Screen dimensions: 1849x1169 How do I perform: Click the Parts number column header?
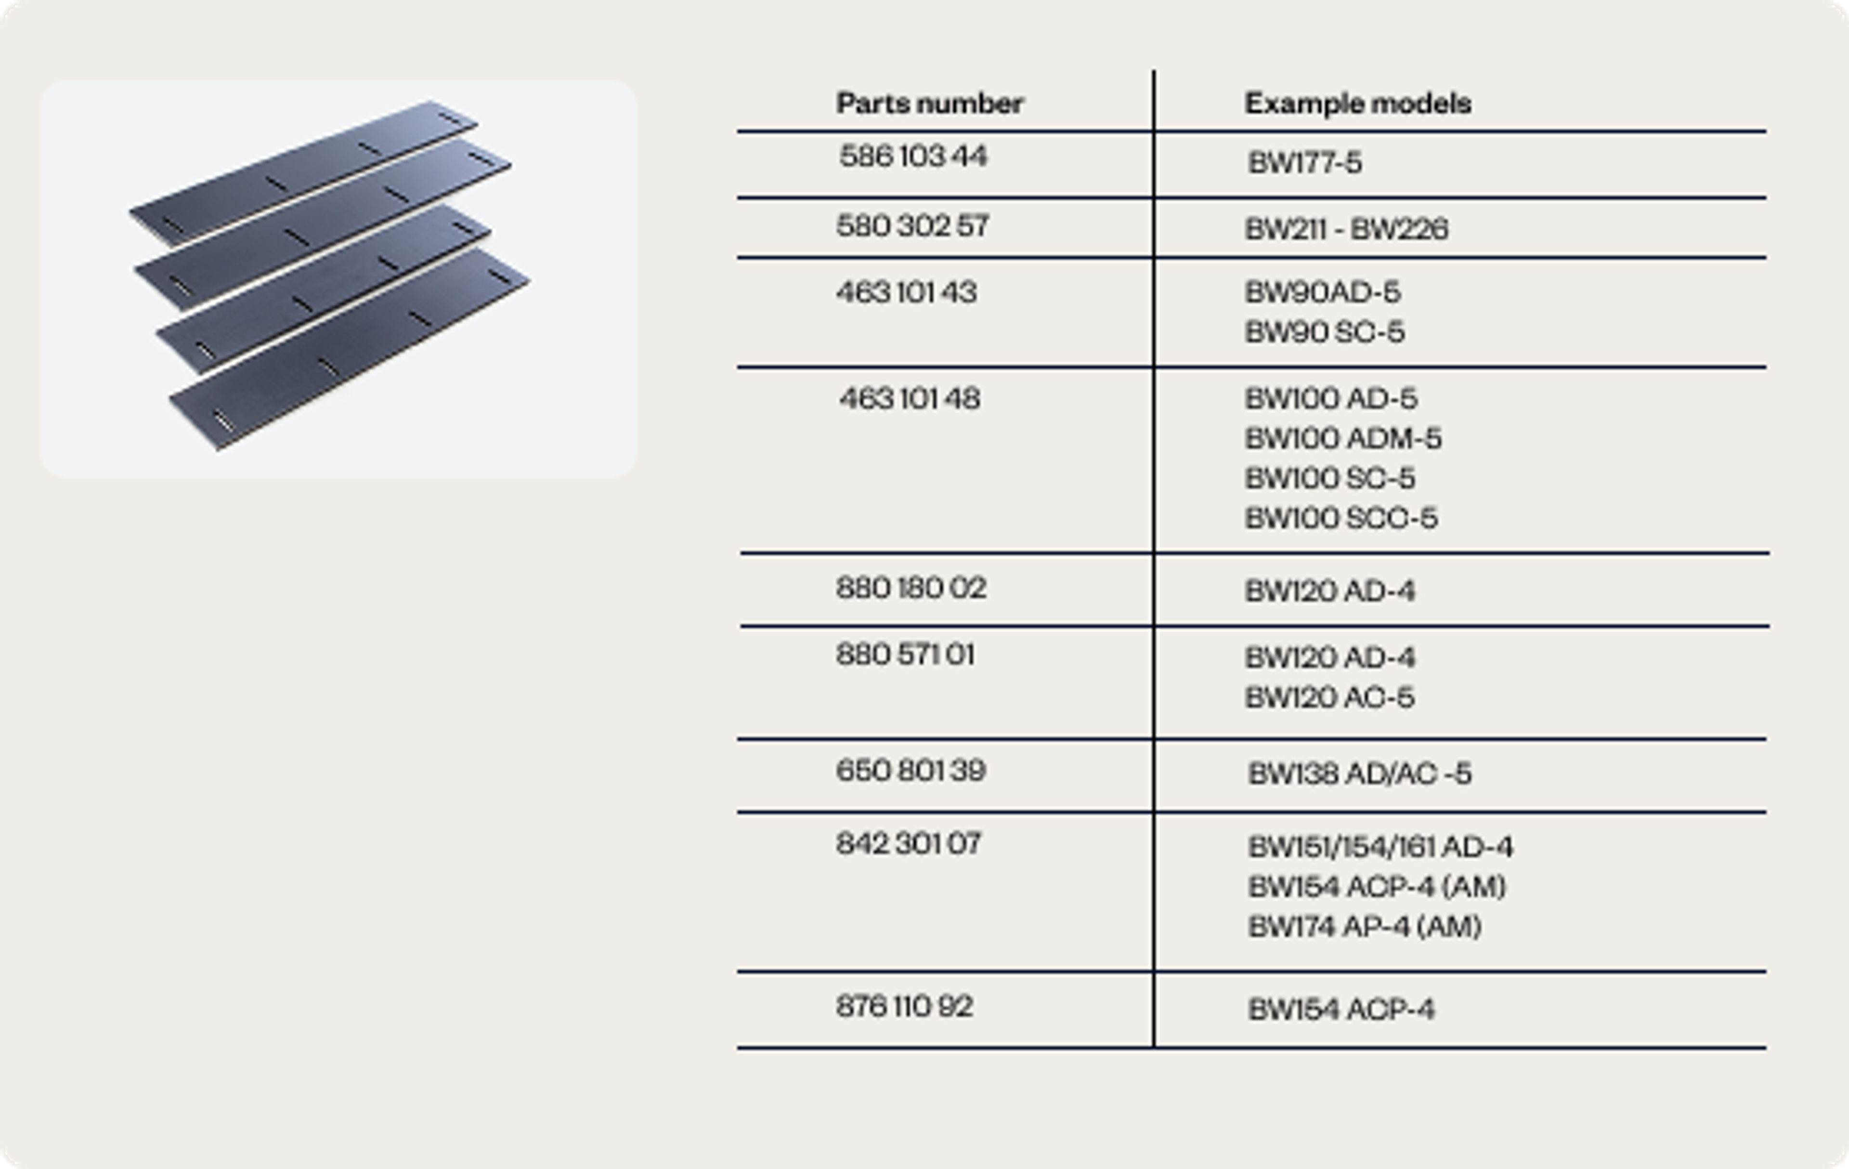coord(930,104)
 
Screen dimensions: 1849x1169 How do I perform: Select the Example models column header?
coord(1357,104)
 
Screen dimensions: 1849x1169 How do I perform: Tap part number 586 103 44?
coord(913,157)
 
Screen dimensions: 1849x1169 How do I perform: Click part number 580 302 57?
coord(912,226)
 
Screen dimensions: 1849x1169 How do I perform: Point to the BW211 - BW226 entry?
coord(1346,229)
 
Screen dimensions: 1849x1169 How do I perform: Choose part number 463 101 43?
coord(906,293)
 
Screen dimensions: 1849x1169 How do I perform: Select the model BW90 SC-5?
coord(1325,332)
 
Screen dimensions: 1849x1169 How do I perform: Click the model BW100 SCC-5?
coord(1341,518)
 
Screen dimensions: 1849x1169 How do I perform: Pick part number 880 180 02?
coord(911,588)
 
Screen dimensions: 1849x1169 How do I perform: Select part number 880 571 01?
coord(905,655)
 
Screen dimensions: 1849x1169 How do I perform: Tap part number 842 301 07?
coord(909,844)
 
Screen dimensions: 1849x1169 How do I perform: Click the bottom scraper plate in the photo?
coord(350,350)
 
